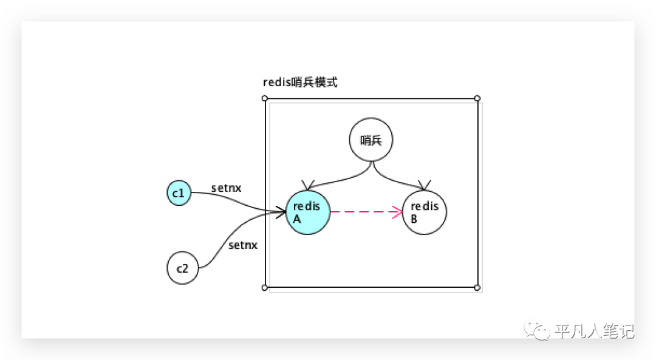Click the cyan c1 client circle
coord(179,194)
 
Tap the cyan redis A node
coord(308,212)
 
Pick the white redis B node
coord(425,212)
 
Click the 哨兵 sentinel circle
coord(371,140)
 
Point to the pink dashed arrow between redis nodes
coord(364,212)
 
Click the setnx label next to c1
coord(226,188)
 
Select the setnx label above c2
coord(243,245)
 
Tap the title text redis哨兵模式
coord(299,83)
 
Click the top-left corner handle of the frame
coord(265,98)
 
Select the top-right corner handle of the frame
coord(477,98)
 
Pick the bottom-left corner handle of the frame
coord(265,287)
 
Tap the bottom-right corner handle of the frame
coord(477,287)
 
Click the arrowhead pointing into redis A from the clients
coord(281,211)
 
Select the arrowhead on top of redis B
coord(425,185)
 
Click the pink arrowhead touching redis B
coord(398,212)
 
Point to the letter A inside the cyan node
coord(297,219)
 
